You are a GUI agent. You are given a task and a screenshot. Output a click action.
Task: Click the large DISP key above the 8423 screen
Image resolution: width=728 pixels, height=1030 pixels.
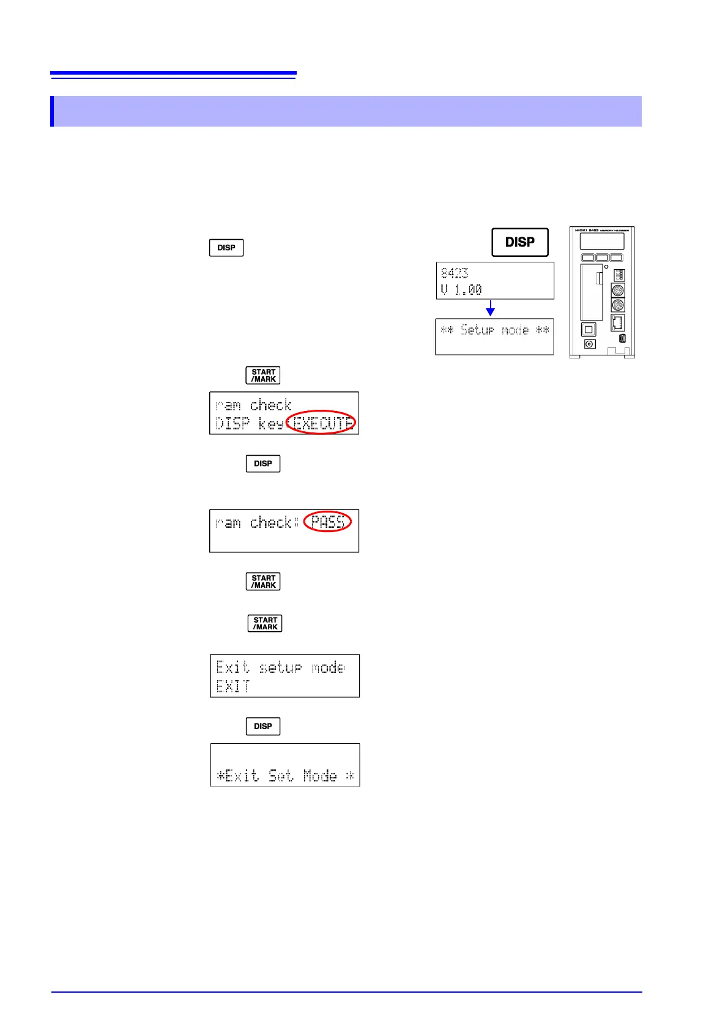click(520, 242)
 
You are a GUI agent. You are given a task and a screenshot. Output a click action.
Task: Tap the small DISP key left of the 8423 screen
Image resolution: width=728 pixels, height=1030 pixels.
click(226, 248)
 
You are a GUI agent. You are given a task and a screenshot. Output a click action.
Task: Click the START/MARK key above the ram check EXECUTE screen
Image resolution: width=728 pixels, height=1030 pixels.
click(263, 376)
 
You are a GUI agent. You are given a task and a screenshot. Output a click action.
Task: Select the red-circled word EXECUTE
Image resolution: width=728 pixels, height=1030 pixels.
click(322, 422)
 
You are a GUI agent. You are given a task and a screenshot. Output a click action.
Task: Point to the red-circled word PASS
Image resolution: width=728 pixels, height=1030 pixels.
click(327, 522)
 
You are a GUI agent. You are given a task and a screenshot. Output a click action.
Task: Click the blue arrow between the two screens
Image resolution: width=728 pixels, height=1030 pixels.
click(490, 308)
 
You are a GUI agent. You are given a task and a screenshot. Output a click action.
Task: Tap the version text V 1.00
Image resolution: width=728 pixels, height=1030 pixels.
click(461, 289)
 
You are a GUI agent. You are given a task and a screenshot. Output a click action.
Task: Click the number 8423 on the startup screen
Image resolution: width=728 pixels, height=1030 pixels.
click(455, 273)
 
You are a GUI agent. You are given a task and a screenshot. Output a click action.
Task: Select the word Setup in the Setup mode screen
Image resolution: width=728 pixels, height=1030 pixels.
click(477, 330)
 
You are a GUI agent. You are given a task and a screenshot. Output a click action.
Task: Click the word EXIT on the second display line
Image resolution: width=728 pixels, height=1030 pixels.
click(233, 686)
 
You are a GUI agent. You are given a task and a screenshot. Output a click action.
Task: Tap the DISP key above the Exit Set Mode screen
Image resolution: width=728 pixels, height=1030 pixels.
click(263, 726)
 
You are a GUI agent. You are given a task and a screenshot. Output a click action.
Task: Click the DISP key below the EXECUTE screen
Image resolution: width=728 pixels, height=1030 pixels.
click(263, 464)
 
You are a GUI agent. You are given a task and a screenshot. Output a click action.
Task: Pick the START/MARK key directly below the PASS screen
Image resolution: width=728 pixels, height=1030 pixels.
click(263, 582)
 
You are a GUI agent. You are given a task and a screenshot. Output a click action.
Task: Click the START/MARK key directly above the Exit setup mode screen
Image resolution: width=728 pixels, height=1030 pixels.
click(265, 623)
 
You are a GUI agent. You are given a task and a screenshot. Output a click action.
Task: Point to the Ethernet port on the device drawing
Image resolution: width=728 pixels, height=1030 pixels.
click(617, 322)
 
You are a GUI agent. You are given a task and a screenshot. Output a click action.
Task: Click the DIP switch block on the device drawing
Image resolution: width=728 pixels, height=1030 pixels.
click(619, 275)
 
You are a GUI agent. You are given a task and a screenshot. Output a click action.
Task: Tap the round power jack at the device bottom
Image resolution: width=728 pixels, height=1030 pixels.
click(590, 344)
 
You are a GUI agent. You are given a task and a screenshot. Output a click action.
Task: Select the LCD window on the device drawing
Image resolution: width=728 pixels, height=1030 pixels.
click(602, 241)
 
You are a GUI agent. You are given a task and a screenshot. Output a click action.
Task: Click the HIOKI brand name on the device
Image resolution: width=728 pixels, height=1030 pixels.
click(581, 230)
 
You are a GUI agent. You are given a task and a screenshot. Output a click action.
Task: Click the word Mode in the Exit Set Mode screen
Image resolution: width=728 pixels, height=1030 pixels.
click(320, 776)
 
